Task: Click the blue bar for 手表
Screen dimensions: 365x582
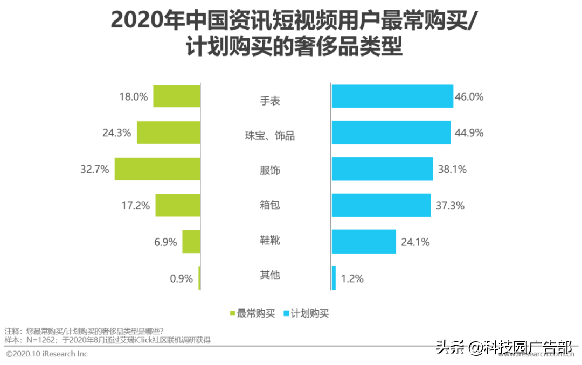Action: [x=392, y=96]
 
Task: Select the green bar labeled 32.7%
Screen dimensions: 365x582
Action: [x=157, y=169]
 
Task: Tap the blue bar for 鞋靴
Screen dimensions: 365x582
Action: [x=364, y=242]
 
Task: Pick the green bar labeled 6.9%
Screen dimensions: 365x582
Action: [x=191, y=242]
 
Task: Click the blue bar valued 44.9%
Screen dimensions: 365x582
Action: [x=391, y=132]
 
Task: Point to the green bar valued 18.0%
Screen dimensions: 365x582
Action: [x=177, y=96]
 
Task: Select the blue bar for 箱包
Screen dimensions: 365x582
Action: [x=381, y=205]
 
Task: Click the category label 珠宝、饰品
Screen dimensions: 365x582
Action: [x=270, y=136]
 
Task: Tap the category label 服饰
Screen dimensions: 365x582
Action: [x=270, y=171]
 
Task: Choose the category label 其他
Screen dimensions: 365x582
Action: [x=270, y=275]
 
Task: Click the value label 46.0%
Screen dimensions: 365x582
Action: [x=469, y=97]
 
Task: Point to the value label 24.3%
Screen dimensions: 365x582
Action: [x=117, y=132]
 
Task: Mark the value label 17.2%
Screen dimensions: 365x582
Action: [x=135, y=205]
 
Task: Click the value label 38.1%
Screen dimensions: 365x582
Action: [x=452, y=169]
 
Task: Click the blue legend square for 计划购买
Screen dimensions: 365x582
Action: [x=287, y=313]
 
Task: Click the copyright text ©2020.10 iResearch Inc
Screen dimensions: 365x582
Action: [x=47, y=354]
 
